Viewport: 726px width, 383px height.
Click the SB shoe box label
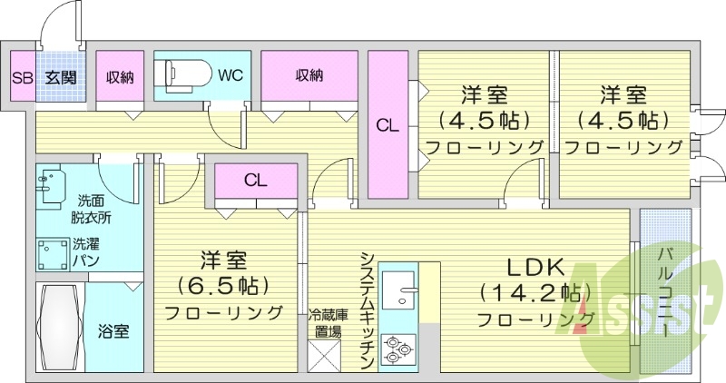pyautogui.click(x=22, y=77)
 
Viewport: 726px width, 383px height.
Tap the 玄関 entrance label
pyautogui.click(x=60, y=77)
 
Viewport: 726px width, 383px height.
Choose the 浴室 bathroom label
pyautogui.click(x=113, y=331)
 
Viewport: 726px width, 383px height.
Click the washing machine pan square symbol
pyautogui.click(x=54, y=253)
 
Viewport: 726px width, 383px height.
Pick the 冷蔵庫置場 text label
pyautogui.click(x=328, y=323)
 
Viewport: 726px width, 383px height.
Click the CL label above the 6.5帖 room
pyautogui.click(x=255, y=180)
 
